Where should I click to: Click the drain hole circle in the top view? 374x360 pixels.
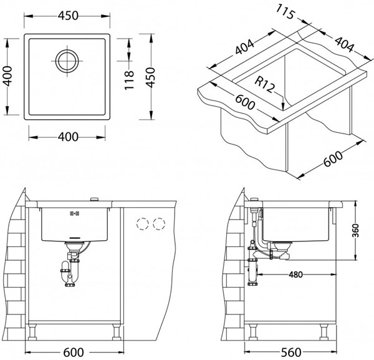click(65, 61)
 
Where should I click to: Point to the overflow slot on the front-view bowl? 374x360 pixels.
click(72, 213)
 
